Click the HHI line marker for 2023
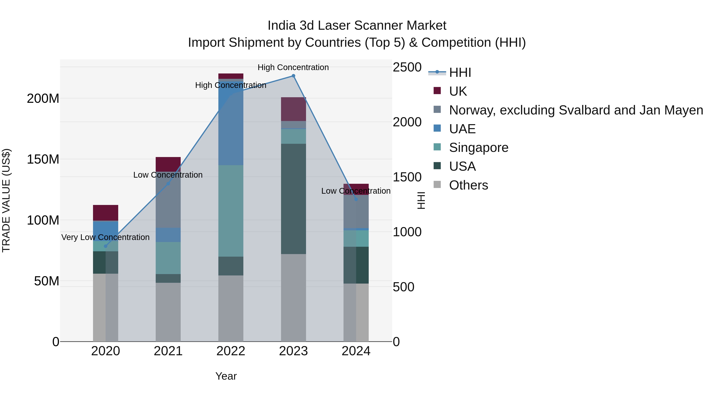[293, 76]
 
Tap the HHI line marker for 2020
[105, 246]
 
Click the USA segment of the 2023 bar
[293, 199]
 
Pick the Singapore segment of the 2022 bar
[231, 211]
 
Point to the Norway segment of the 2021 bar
[168, 200]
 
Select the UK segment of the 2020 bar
[105, 212]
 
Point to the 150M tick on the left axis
[43, 159]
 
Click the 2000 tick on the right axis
[407, 122]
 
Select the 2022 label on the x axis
[231, 351]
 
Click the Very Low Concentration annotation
[105, 237]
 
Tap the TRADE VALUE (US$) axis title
[6, 200]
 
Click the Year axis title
[226, 376]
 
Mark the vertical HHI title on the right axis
[421, 200]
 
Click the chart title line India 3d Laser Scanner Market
[357, 26]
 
